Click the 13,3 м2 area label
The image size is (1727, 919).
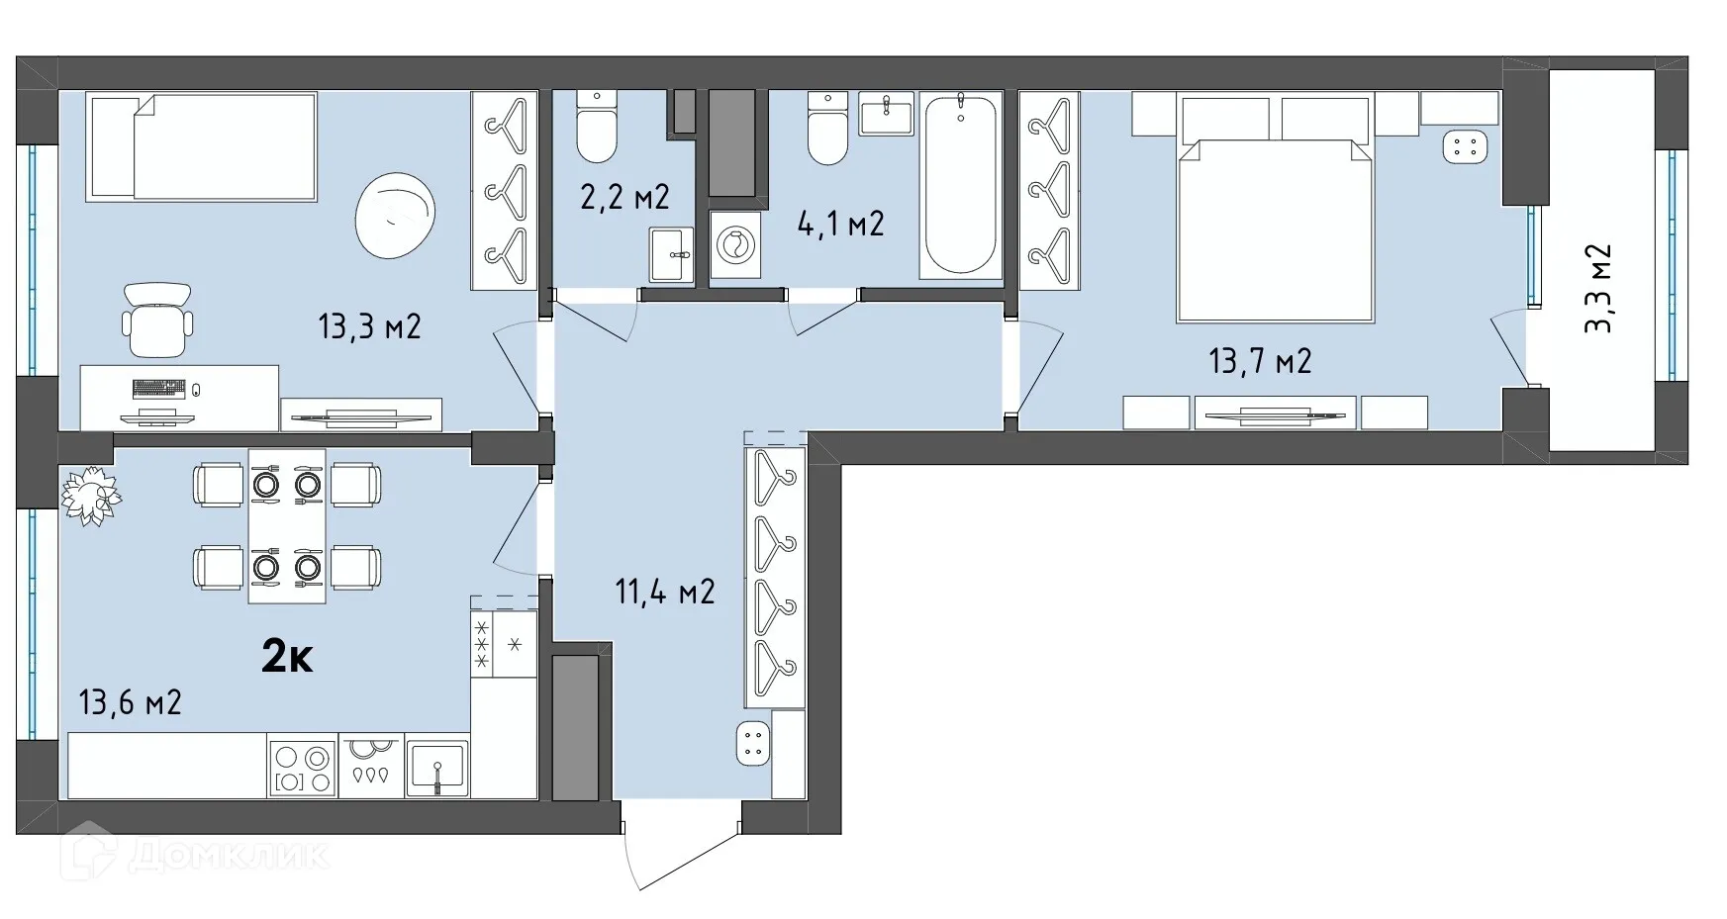(x=369, y=325)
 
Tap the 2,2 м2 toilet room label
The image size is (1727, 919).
(x=624, y=196)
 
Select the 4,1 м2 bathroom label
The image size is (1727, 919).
(x=840, y=224)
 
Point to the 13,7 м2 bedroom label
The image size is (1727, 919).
(x=1260, y=361)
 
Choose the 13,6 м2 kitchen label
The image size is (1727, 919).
(x=130, y=703)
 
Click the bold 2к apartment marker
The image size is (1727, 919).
(x=287, y=656)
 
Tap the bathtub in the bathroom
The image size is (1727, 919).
(x=960, y=185)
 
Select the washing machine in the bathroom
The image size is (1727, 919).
(x=735, y=243)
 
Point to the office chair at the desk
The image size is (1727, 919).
(x=156, y=319)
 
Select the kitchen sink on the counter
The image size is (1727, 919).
(x=436, y=767)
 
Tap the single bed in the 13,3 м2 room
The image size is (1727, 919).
(x=202, y=146)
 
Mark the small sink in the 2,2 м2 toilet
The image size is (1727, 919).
(x=672, y=255)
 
